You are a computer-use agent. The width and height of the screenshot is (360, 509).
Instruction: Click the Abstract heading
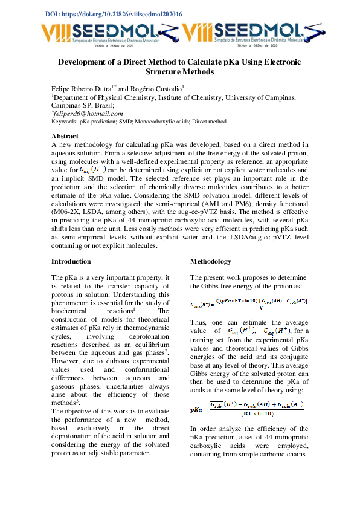tap(65, 136)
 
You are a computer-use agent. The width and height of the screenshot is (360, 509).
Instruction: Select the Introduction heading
tap(71, 261)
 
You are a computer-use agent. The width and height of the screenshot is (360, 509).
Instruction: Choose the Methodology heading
tap(211, 261)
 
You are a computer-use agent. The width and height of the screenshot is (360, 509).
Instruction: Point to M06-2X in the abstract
tap(66, 213)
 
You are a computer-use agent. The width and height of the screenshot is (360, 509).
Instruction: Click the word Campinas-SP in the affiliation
tap(71, 105)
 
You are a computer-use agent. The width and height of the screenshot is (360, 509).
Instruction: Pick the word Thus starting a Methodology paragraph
tap(198, 322)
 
